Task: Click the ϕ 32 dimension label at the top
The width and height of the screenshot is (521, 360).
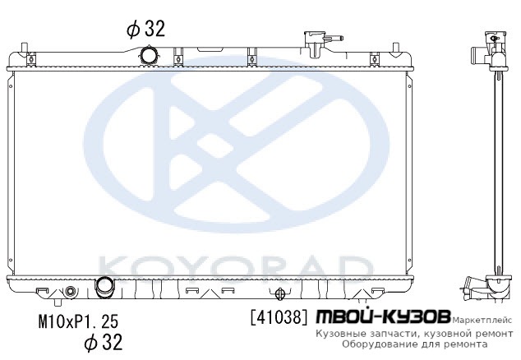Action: click(x=145, y=29)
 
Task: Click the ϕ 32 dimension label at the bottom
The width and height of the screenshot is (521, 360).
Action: click(x=104, y=341)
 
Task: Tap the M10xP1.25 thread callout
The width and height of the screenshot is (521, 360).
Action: click(x=78, y=321)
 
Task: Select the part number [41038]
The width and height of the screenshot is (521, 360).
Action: click(x=279, y=317)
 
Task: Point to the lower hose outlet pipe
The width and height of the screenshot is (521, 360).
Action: click(x=104, y=287)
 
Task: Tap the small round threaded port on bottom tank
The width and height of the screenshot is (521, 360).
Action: click(x=70, y=292)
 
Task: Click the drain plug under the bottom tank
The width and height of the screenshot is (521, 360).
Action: click(x=58, y=302)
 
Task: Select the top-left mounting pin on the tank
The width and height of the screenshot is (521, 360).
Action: click(x=23, y=48)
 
